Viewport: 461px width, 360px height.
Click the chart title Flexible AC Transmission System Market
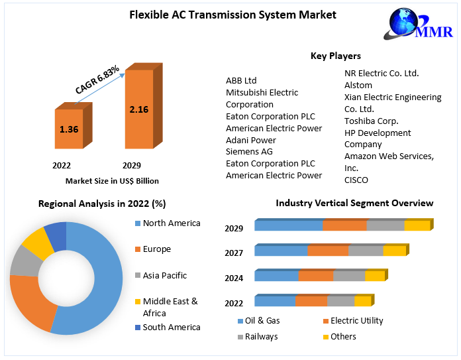coord(232,15)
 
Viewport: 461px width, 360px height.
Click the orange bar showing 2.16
coord(139,109)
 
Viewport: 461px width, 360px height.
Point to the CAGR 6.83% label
coord(97,80)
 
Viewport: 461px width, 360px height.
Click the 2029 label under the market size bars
coord(131,165)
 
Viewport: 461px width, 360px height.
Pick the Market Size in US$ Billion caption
coord(112,180)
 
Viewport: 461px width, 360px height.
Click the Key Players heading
coord(336,56)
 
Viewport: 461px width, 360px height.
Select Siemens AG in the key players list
coord(249,152)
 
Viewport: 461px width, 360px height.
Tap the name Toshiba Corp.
coord(371,121)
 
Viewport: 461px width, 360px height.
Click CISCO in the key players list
coord(356,180)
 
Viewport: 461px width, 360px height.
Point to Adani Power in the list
coord(251,140)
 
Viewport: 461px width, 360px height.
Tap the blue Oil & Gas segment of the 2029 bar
coord(289,225)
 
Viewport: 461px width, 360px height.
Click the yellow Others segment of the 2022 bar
coord(362,301)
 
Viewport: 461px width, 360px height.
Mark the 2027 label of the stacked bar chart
coord(234,253)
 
